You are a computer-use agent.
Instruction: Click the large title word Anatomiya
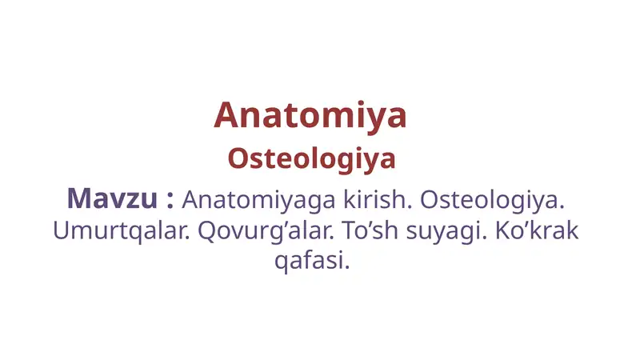pos(310,116)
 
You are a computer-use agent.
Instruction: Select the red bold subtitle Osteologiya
pos(311,158)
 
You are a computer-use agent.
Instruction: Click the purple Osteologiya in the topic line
pos(497,198)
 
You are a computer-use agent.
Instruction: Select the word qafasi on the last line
pos(310,261)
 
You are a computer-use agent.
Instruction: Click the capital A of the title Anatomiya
pos(227,116)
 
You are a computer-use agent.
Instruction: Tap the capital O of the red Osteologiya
pos(237,158)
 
